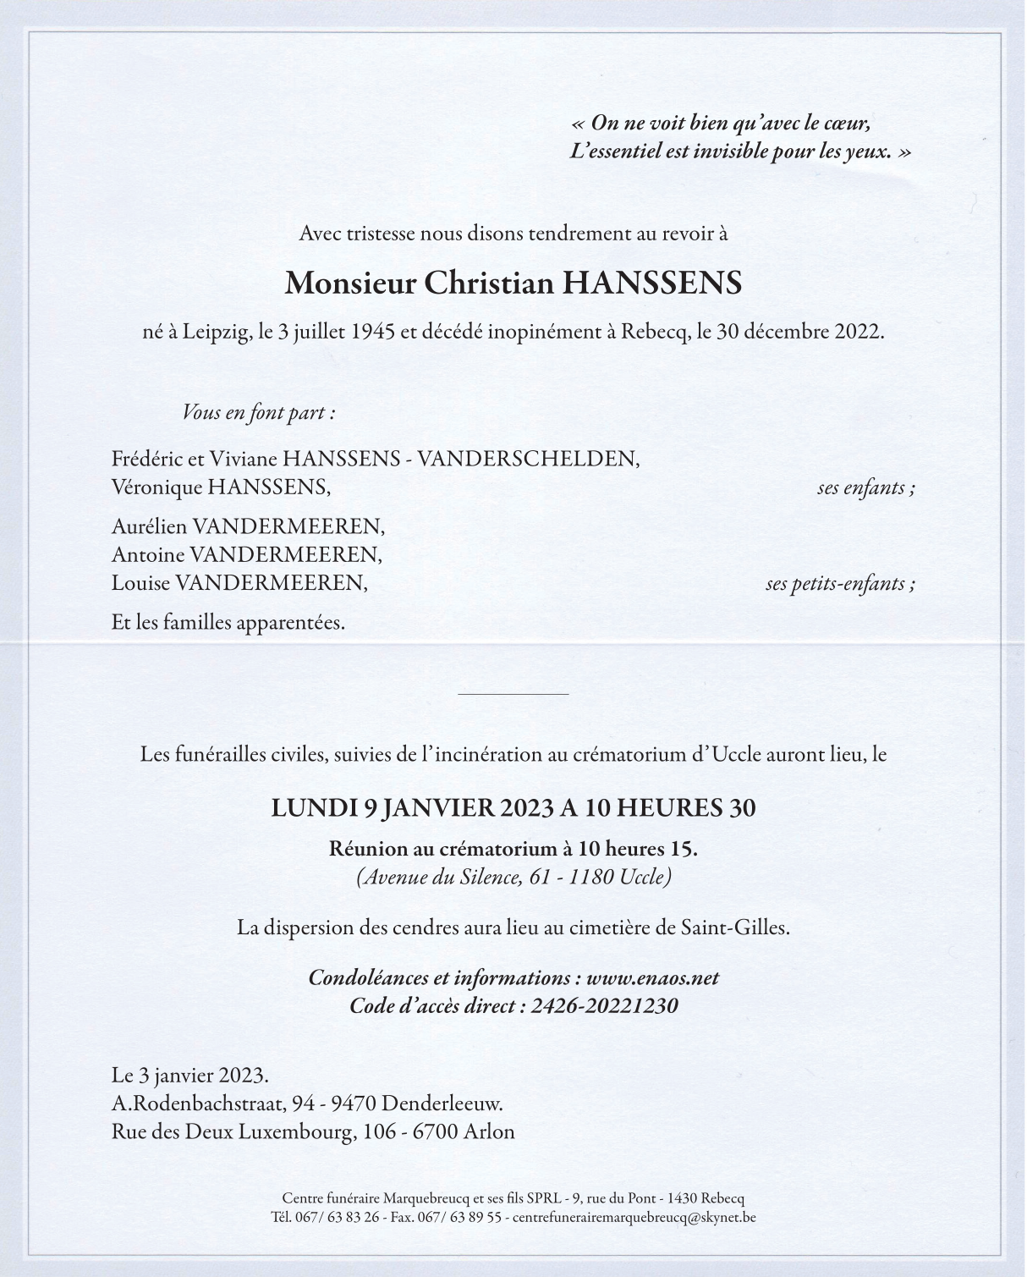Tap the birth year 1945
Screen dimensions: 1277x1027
point(372,332)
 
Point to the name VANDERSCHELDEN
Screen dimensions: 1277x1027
point(528,459)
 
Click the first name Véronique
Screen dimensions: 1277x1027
point(157,487)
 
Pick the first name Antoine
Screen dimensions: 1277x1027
point(147,554)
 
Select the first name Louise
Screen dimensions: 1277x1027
point(140,582)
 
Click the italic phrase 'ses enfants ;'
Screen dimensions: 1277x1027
point(865,487)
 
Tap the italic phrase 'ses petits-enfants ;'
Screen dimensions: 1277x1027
point(840,583)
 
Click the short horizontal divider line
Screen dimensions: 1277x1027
point(513,694)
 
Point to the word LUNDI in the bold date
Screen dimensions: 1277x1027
point(314,808)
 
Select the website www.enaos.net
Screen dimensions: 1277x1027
point(652,977)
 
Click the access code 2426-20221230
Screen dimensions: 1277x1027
point(604,1005)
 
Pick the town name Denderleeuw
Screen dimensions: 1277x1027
point(442,1104)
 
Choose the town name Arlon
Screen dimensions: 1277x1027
point(489,1131)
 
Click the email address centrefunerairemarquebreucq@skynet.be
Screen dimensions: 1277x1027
point(634,1218)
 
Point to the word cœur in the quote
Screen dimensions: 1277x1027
point(846,123)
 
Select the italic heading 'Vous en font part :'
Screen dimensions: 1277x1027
point(259,413)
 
